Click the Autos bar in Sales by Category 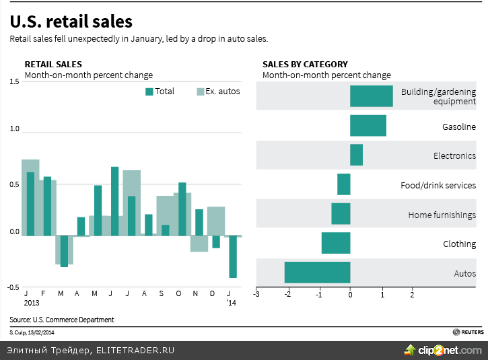(x=317, y=273)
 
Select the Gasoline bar (x=368, y=126)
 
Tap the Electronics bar (x=356, y=155)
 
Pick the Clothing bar (x=335, y=243)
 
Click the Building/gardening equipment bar (x=371, y=96)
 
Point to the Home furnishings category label (x=442, y=215)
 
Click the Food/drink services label (x=438, y=185)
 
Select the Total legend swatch (x=149, y=92)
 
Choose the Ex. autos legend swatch (x=201, y=92)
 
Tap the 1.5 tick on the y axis (x=14, y=81)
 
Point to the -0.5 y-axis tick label (x=13, y=287)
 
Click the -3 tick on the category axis (x=256, y=294)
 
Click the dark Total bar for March (x=64, y=251)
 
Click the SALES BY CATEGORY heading (x=305, y=64)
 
